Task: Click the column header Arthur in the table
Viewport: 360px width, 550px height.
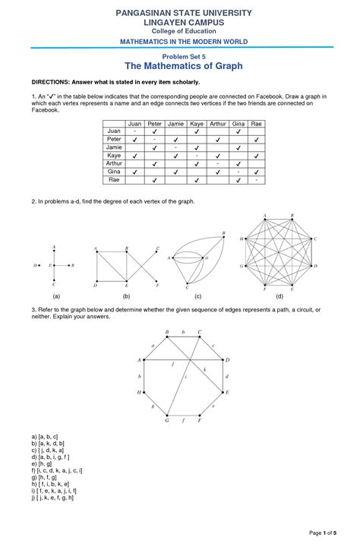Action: [217, 123]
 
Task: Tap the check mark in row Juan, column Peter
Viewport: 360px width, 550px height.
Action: [154, 131]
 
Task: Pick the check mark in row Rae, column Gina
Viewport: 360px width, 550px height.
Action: [238, 181]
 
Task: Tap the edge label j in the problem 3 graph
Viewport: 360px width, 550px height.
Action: [174, 365]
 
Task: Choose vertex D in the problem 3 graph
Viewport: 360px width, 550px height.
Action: [228, 359]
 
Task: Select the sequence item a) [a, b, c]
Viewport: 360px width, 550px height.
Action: [46, 435]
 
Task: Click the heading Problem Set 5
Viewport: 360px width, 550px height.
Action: [180, 56]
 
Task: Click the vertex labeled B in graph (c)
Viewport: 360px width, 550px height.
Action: [223, 233]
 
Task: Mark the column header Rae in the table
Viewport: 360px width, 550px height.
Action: [257, 123]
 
